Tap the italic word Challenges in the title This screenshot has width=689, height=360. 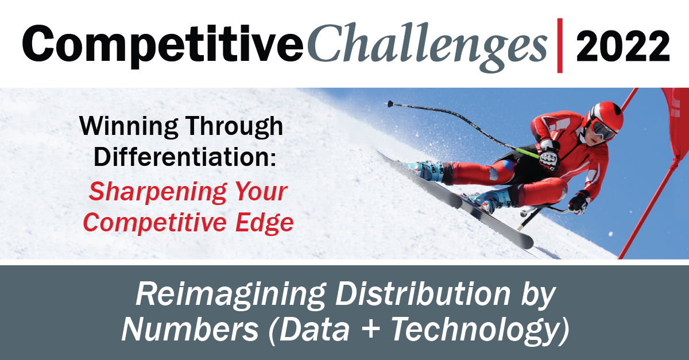[x=428, y=47]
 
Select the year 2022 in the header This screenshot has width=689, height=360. [x=623, y=46]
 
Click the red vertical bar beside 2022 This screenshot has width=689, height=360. [x=560, y=45]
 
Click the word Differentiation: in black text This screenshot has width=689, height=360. [x=184, y=157]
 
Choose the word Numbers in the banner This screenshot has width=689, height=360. [x=190, y=329]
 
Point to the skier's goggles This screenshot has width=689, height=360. [x=603, y=129]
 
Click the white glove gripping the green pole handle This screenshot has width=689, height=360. [x=549, y=155]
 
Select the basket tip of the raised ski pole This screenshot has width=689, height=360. [x=390, y=104]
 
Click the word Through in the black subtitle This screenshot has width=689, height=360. [x=234, y=126]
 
